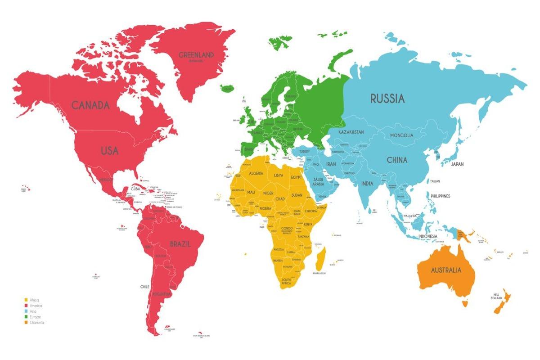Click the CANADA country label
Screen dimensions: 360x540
coord(90,105)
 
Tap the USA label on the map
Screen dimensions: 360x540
coord(109,151)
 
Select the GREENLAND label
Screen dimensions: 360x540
coord(196,55)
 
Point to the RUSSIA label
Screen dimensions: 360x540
coord(387,98)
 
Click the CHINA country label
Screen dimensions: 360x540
coord(396,160)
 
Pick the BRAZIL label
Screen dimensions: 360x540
coord(180,244)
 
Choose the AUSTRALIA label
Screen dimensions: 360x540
coord(446,270)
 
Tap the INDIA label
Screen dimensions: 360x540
coord(367,184)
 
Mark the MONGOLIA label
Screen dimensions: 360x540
coord(401,135)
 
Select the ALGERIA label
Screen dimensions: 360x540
coord(253,174)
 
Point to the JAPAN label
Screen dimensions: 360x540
coord(457,164)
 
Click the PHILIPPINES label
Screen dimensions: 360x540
coord(440,196)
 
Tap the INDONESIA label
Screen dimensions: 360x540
coord(427,236)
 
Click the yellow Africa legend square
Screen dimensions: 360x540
coord(26,300)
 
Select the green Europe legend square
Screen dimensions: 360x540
coord(26,317)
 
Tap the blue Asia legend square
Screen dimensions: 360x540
coord(26,311)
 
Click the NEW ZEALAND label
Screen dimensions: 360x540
coord(496,297)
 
